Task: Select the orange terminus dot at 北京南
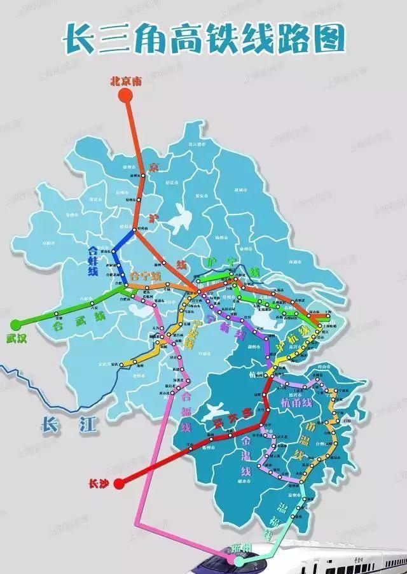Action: [x=125, y=95]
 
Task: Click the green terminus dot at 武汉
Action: [x=16, y=323]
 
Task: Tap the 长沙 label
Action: [x=100, y=484]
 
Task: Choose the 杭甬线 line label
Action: [x=297, y=403]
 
